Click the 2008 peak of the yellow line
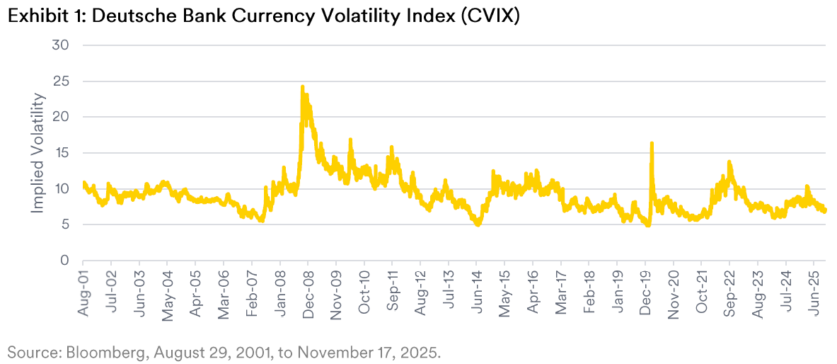point(302,87)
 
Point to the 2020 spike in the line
point(651,144)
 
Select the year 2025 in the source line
point(422,352)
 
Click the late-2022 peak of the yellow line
point(729,162)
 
